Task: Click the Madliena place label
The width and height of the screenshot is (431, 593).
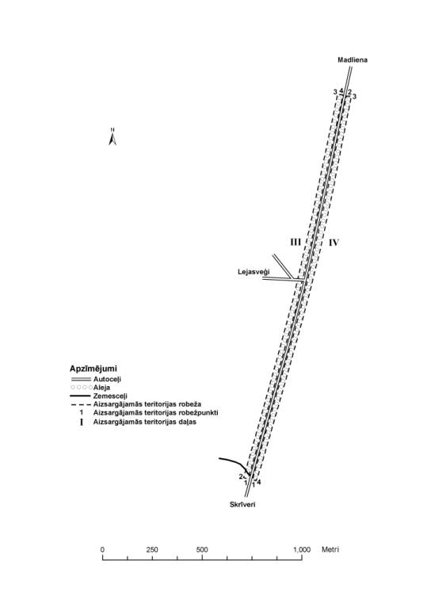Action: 353,59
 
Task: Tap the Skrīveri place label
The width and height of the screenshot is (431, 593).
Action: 242,504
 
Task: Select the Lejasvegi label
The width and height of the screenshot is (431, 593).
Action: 254,272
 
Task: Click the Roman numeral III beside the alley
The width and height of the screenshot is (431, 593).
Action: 296,242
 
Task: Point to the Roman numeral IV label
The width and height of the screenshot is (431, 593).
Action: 334,243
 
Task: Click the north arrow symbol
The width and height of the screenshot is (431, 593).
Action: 113,137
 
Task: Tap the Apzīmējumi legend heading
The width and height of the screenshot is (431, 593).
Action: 93,369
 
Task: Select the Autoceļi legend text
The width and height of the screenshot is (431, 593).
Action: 107,379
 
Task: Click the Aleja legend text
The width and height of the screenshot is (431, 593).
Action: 101,388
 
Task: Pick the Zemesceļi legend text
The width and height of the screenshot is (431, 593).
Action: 110,396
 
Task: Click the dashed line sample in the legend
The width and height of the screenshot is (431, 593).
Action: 81,404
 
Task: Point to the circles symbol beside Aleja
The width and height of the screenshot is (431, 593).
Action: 82,388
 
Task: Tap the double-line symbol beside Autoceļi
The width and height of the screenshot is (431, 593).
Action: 81,379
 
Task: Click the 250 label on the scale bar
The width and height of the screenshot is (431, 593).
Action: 152,549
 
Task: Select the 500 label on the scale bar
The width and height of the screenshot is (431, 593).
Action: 202,549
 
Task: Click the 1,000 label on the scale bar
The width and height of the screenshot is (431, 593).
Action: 302,549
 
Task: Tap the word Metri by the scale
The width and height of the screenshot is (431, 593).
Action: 330,549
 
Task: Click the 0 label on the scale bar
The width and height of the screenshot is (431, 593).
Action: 102,549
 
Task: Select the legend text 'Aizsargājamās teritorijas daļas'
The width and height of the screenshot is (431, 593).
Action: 145,422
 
